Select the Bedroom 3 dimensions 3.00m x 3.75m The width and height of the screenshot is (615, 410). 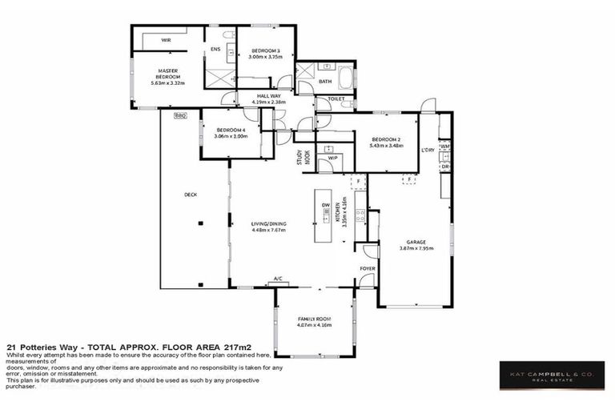click(x=266, y=57)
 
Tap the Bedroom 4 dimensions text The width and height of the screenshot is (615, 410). click(x=231, y=136)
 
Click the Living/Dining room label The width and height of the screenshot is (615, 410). click(x=268, y=224)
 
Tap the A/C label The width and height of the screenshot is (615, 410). click(x=279, y=279)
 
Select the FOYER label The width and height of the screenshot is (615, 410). click(x=367, y=269)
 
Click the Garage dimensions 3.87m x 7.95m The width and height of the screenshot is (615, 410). click(x=416, y=248)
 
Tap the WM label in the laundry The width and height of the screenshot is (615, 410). click(x=444, y=147)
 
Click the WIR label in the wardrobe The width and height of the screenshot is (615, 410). click(x=166, y=38)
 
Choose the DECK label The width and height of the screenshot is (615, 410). click(x=190, y=195)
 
